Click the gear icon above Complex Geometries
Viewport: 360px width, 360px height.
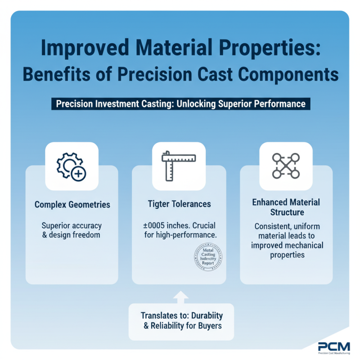coord(72,166)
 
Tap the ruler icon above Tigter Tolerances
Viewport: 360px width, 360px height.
coord(179,166)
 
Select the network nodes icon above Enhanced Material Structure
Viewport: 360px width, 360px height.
coord(286,166)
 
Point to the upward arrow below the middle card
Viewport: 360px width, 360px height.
coord(181,297)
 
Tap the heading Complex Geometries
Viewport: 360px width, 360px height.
coord(72,204)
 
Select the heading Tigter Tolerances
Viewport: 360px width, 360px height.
coord(179,204)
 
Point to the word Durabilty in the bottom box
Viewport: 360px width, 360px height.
coord(202,315)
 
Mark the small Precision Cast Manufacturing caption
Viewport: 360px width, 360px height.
coord(333,354)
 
